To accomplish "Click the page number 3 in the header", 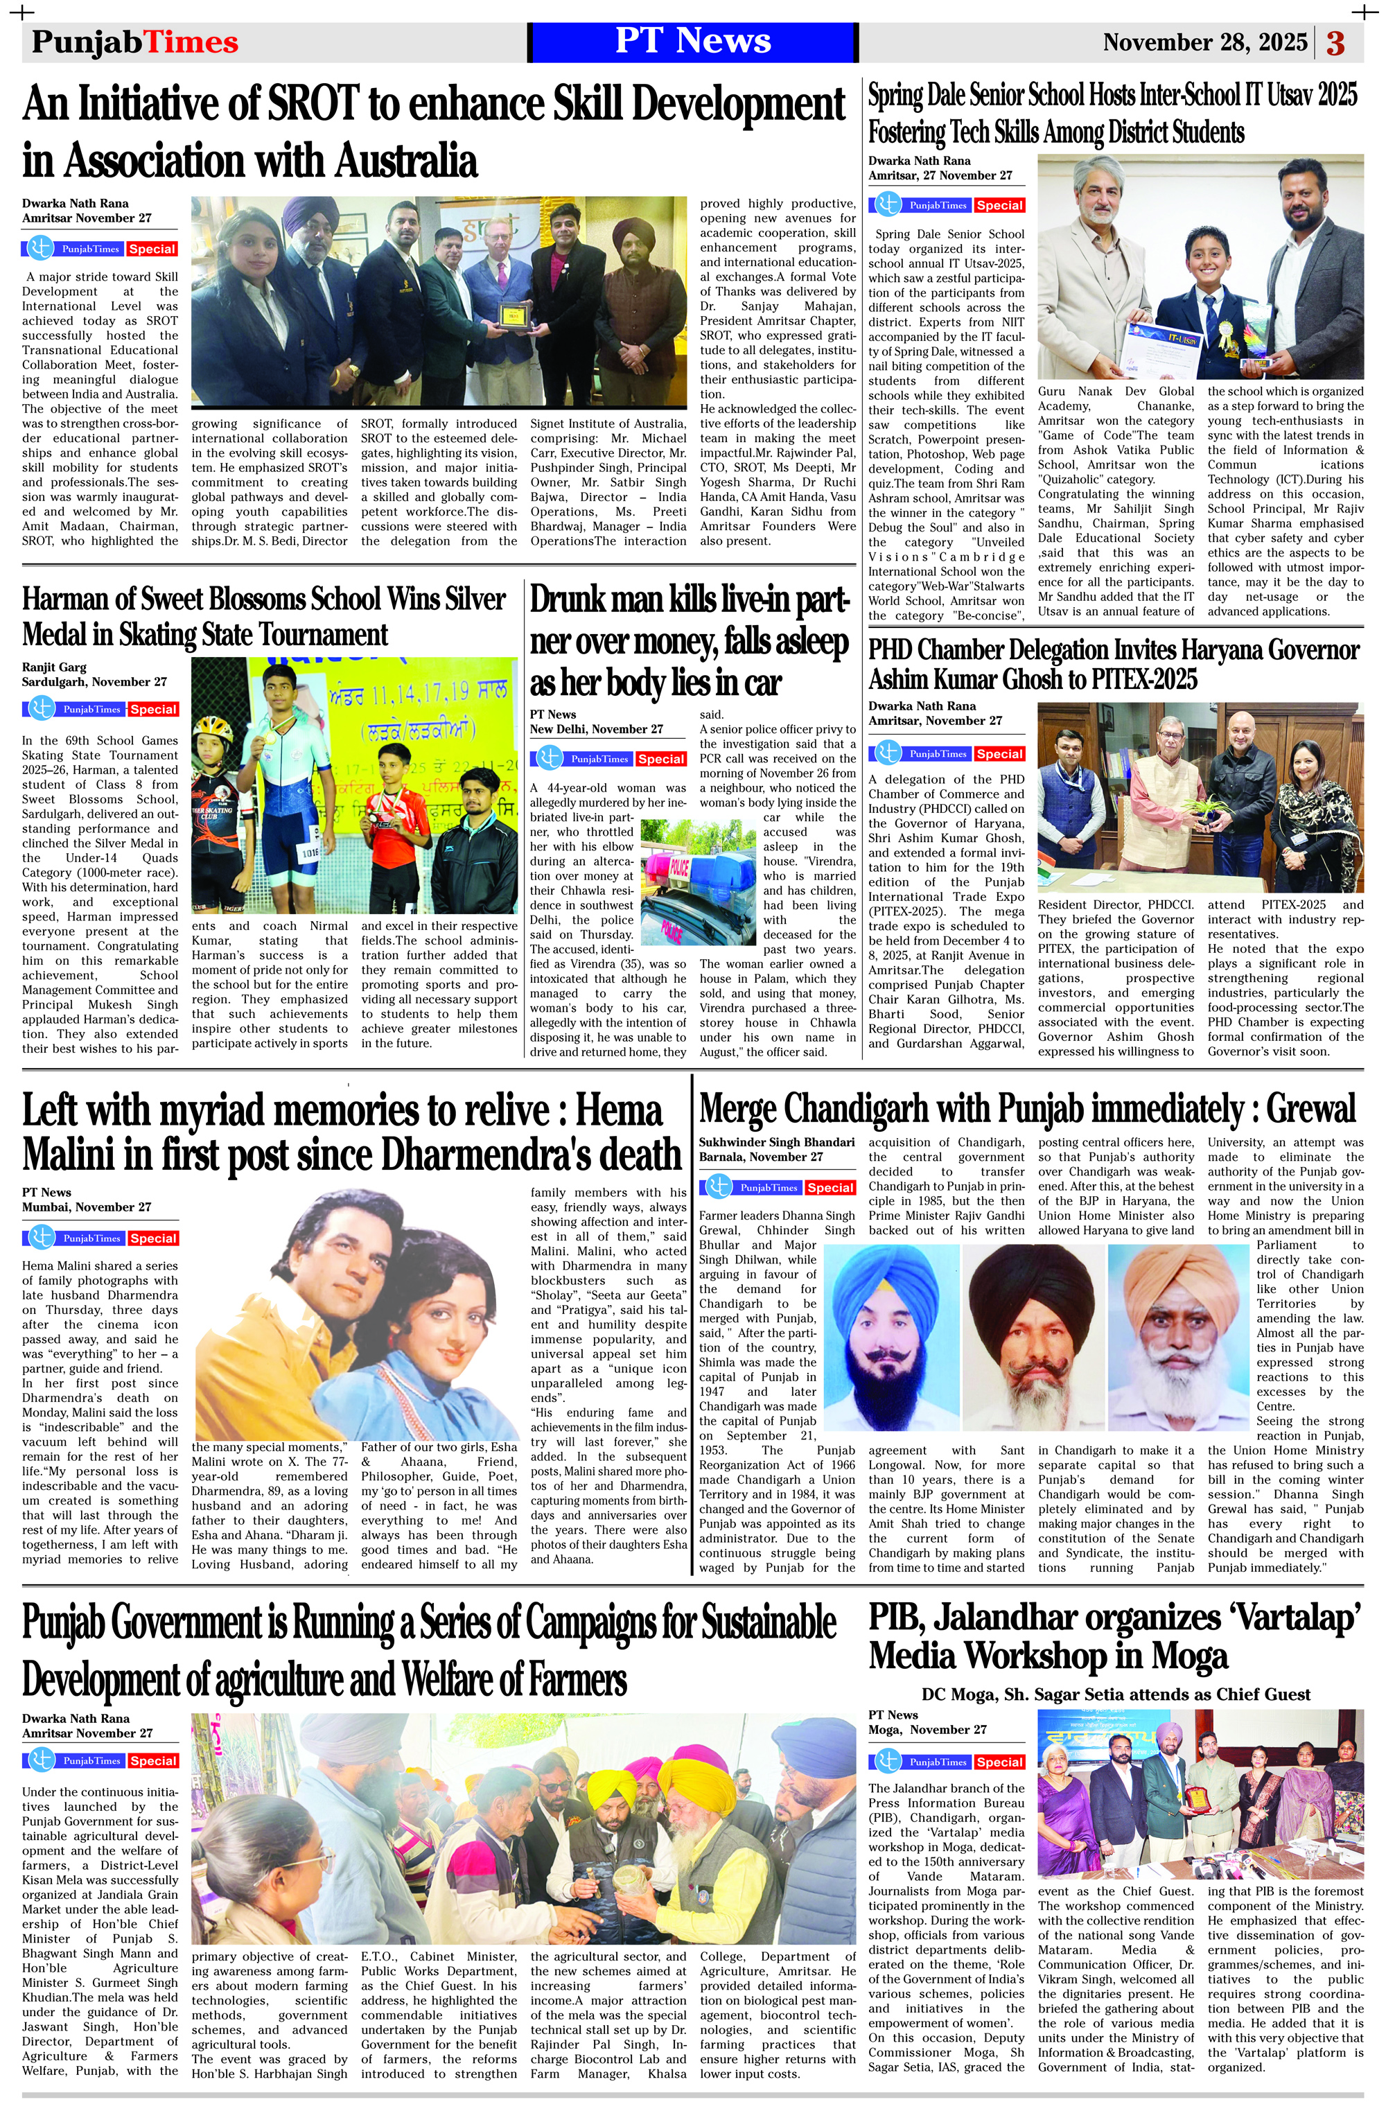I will (1335, 43).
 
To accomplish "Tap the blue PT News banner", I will (692, 42).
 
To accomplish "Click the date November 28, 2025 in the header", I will (1204, 43).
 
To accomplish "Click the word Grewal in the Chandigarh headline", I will (1310, 1110).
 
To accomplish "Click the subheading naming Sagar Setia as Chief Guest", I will (1115, 1694).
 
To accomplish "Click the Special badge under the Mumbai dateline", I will (152, 1238).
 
